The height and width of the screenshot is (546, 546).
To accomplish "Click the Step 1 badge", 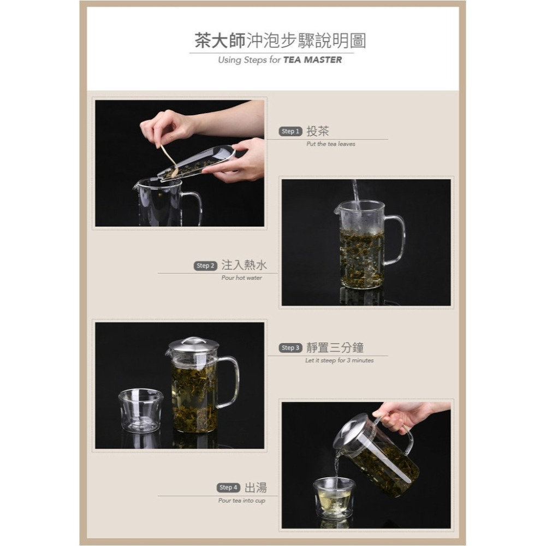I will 290,131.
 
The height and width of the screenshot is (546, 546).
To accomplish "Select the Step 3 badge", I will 290,348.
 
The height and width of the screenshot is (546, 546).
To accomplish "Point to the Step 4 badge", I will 228,488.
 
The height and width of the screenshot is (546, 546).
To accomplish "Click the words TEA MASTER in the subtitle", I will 312,60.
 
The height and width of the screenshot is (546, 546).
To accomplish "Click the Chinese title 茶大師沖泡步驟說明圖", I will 280,40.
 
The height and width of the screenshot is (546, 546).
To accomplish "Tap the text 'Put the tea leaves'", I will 330,144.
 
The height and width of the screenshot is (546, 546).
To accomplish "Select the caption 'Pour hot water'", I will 241,278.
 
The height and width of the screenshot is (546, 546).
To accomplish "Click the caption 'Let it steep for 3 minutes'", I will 339,361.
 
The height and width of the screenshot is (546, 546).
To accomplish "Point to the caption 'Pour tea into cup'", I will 241,501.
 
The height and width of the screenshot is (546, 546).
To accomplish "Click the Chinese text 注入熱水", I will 244,265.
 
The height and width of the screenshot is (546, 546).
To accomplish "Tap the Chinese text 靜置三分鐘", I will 335,348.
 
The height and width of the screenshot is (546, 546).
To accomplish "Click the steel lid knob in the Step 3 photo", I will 193,340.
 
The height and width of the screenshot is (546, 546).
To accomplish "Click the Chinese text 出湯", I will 256,488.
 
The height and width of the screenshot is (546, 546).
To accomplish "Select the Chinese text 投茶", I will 318,131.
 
